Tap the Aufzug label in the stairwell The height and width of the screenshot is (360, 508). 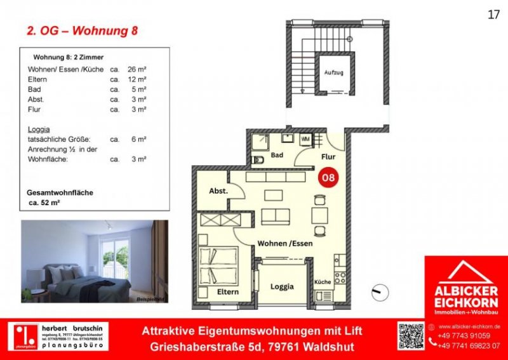point(333,73)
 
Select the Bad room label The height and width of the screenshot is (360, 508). point(277,155)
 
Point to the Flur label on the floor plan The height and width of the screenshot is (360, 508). point(328,156)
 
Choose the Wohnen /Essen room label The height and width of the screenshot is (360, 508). point(284,243)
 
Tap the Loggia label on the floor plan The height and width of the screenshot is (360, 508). point(282,286)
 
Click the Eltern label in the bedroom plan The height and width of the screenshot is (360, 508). point(227,291)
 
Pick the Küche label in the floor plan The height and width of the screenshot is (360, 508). point(323,281)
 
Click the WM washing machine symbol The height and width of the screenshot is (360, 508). point(305,138)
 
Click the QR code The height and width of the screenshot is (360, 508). point(411,336)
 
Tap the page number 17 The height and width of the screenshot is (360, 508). point(493,15)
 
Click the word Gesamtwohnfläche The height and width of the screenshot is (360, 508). point(57,192)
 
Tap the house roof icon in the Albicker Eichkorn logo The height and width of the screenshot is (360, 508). point(465,272)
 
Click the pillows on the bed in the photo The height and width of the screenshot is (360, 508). point(63,273)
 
